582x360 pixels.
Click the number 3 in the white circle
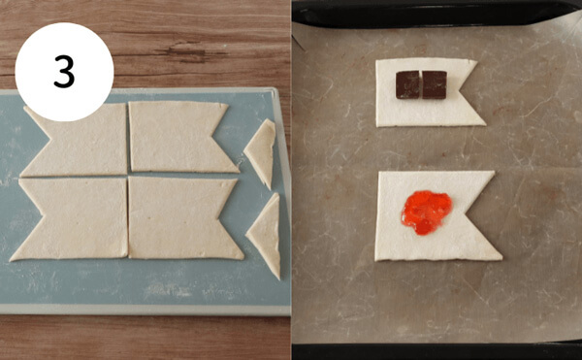[64, 72]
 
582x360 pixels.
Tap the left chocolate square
[407, 84]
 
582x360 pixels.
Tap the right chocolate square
[435, 84]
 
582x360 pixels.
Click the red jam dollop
[427, 213]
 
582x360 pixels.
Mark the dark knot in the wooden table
[189, 53]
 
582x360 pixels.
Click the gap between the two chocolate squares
[421, 84]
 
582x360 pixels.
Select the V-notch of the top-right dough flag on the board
[211, 138]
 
